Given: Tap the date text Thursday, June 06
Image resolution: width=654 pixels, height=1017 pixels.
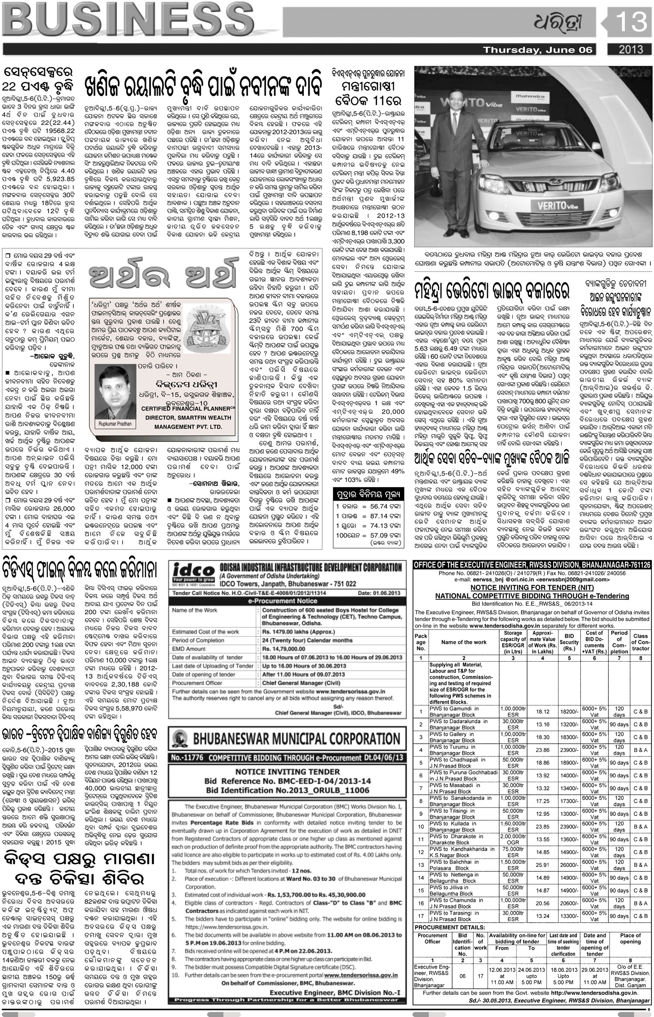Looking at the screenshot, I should tap(538, 50).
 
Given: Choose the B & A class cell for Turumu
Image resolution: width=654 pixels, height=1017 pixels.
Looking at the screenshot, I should tap(640, 749).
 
